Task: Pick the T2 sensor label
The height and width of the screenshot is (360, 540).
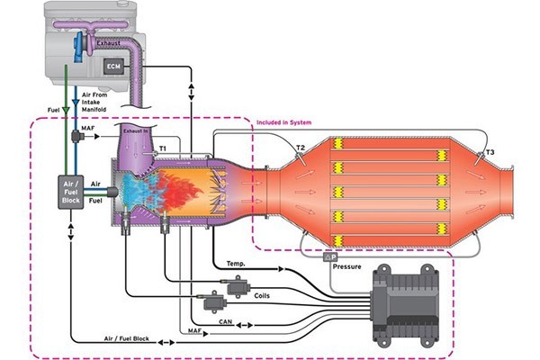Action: click(301, 148)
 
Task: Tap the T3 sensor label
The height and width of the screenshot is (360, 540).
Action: click(489, 154)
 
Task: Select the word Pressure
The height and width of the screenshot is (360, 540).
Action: click(347, 267)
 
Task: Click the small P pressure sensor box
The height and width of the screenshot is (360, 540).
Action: click(329, 257)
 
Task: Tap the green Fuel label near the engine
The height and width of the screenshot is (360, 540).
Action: click(52, 110)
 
